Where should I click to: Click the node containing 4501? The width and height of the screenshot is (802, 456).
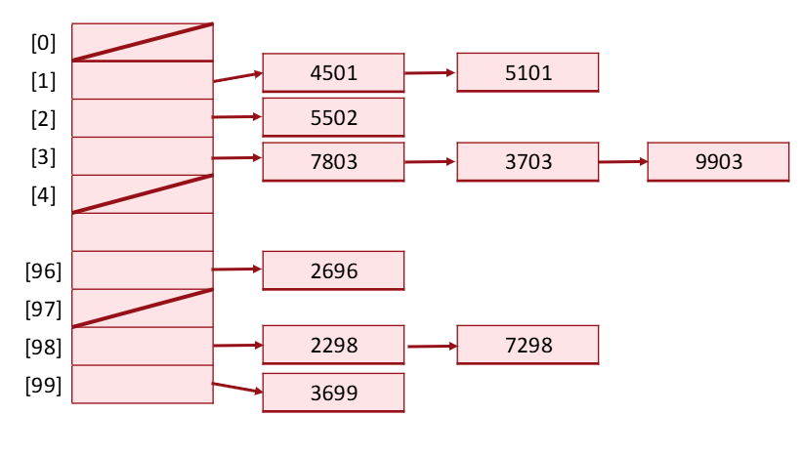pos(333,72)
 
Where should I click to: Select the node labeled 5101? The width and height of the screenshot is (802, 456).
pos(528,72)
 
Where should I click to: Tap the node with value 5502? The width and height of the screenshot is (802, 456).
pos(333,118)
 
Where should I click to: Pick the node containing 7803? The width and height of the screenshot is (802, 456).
pos(333,162)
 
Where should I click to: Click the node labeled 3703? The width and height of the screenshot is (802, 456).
pos(528,162)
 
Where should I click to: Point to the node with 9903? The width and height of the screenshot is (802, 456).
pos(718,162)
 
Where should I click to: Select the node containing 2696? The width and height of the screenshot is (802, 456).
pos(333,270)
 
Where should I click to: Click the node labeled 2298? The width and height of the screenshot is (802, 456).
pos(333,346)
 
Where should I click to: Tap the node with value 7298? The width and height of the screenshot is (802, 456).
pos(528,346)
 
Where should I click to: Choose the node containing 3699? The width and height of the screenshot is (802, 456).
pos(333,394)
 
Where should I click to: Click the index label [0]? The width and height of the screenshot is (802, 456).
pos(44,42)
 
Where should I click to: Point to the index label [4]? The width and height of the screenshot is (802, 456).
pos(44,194)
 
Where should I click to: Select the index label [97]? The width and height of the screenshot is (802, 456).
pos(44,310)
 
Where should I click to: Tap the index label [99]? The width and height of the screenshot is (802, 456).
pos(44,385)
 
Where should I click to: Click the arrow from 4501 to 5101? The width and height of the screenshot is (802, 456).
pos(430,72)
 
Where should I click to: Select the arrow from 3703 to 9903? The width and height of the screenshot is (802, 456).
pos(622,162)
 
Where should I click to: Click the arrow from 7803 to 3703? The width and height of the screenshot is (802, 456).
pos(430,162)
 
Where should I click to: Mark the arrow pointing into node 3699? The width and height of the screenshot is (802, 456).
pos(237,389)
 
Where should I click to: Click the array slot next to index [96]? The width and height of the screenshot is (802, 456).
pos(143,270)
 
